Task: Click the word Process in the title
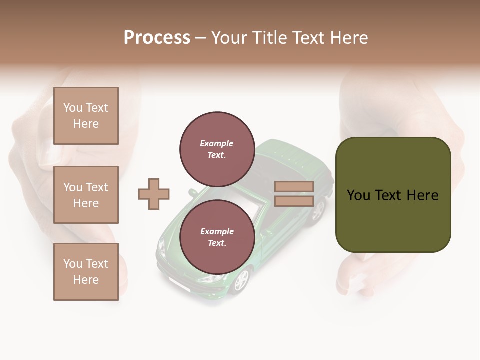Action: pos(157,38)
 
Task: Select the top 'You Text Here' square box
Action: pos(86,116)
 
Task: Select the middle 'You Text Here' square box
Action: pos(86,195)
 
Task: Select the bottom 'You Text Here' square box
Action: pos(86,272)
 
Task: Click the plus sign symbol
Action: pos(154,194)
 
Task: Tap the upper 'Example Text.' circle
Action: pos(217,149)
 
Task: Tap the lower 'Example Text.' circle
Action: pos(217,237)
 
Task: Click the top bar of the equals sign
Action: pos(294,187)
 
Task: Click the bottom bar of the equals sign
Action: pos(294,201)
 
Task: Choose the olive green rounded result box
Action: pos(393,195)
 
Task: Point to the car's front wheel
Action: pos(241,280)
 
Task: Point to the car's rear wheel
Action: pos(318,210)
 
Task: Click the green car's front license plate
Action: pos(178,284)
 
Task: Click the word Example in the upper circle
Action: pos(217,143)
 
